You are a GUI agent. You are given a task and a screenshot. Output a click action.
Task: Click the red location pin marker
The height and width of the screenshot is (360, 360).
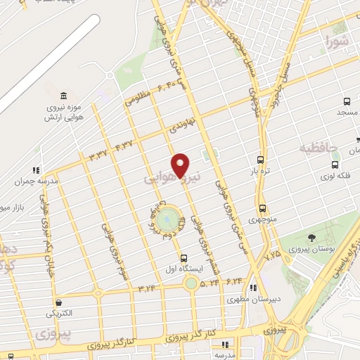pos(181,165)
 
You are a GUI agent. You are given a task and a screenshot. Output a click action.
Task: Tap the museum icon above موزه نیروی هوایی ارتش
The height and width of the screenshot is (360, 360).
pos(64,95)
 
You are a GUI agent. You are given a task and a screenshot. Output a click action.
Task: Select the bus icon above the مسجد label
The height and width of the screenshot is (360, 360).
pos(347,101)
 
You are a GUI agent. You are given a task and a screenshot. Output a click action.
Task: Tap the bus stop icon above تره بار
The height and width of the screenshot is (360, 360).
pos(261,160)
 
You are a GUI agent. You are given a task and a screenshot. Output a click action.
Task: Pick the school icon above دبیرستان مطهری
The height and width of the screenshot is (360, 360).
pos(252,288)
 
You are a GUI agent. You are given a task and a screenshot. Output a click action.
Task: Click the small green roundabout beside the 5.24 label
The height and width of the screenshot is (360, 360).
pos(190,283)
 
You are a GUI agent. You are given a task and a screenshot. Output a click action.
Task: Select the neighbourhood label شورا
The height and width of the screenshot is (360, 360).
pos(337,43)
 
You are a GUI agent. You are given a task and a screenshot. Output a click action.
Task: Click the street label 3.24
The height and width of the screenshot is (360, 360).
pos(147,287)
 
